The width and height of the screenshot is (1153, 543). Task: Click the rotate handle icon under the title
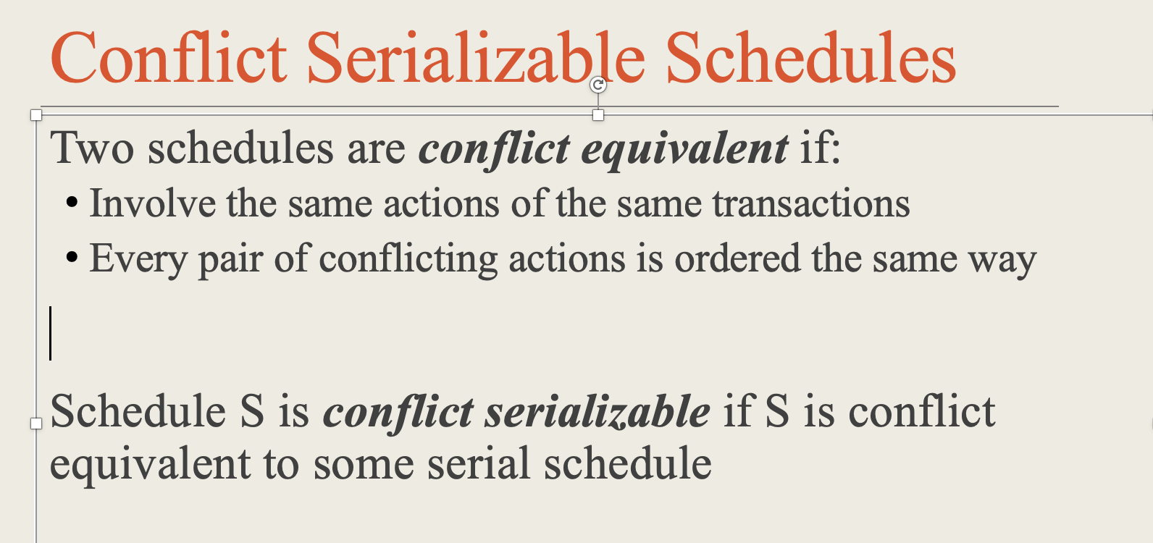[598, 85]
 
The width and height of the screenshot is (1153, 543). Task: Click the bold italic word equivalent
[684, 150]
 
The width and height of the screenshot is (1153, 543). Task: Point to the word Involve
[152, 203]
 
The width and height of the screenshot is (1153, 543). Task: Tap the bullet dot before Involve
[72, 203]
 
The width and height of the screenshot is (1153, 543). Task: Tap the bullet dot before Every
[72, 258]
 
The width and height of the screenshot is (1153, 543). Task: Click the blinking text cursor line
[51, 333]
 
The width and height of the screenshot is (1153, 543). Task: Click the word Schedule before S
[138, 412]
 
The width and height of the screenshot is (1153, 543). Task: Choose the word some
[364, 465]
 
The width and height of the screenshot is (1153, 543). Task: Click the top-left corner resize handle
[36, 115]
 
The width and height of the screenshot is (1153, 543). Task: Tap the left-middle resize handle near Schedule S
[36, 423]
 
